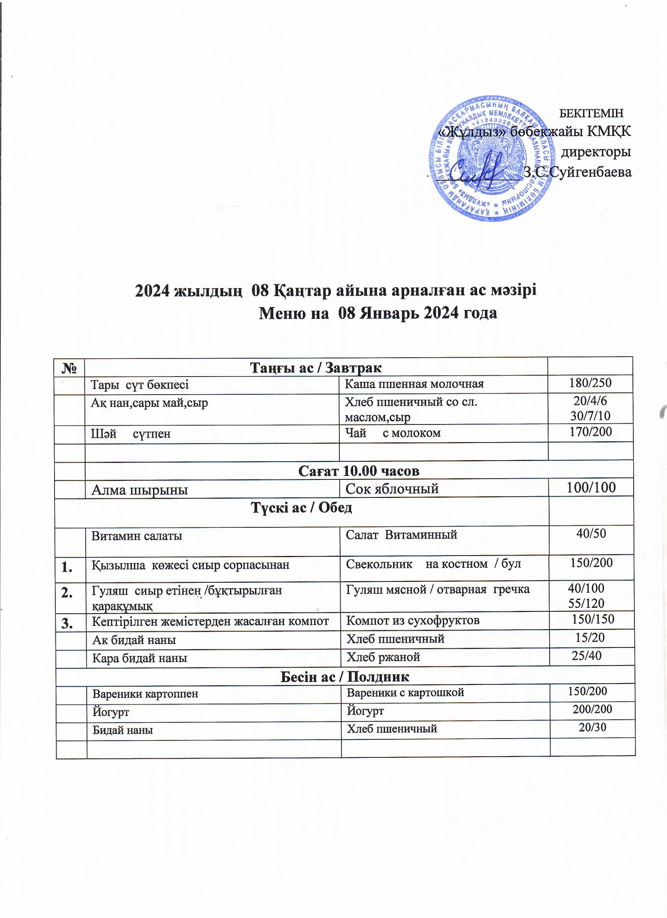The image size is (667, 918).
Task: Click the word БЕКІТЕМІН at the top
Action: point(591,113)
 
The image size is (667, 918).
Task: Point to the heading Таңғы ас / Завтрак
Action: point(316,368)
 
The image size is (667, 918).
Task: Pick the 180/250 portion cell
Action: point(590,382)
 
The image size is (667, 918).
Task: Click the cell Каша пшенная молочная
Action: point(414,384)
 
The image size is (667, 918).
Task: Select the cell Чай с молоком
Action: point(392,433)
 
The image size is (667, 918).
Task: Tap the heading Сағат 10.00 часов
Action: point(359,471)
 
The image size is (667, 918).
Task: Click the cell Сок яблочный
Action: point(392,489)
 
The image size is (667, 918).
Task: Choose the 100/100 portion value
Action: point(591,487)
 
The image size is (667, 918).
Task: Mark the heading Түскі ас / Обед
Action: point(301,508)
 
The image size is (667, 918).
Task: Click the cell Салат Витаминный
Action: point(401,534)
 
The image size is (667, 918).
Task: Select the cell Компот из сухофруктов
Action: point(413,620)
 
